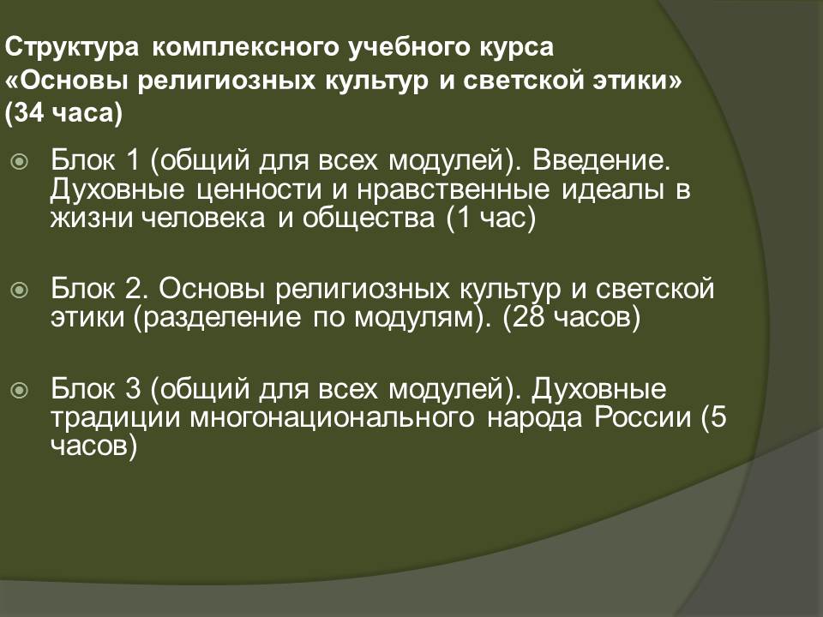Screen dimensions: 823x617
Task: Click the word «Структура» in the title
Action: [x=72, y=48]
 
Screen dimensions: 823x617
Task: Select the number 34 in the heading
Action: [x=29, y=113]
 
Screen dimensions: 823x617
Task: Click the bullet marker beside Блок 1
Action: [x=20, y=162]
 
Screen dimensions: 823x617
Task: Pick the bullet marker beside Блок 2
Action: [x=20, y=289]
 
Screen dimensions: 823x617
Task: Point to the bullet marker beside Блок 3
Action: [x=20, y=390]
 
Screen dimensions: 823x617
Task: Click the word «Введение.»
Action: [x=602, y=159]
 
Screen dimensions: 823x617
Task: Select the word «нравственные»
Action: [x=454, y=189]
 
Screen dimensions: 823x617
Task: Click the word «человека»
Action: [x=204, y=218]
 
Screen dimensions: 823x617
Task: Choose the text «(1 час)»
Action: [x=490, y=219]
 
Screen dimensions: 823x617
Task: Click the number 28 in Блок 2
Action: [x=528, y=317]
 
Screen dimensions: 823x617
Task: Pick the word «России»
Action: [x=643, y=417]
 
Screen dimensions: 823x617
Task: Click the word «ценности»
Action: [x=259, y=190]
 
